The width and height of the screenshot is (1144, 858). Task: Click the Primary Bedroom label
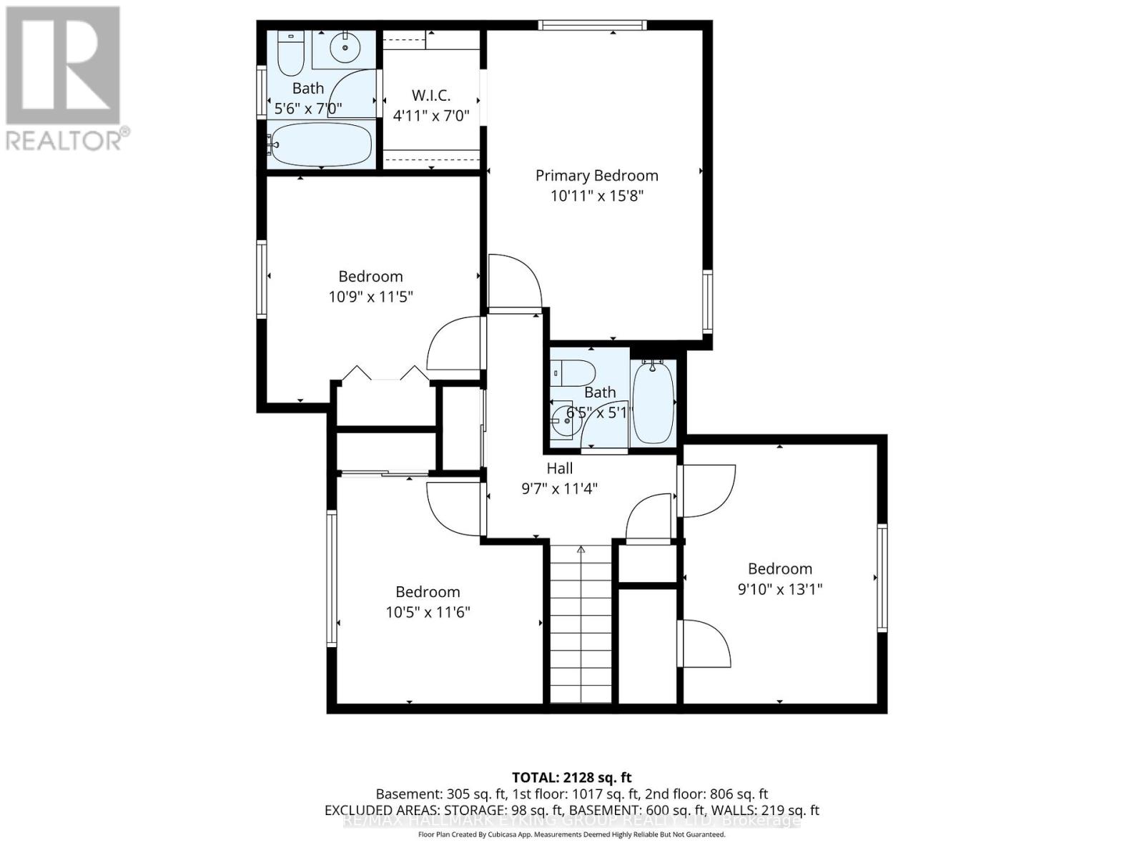click(x=596, y=176)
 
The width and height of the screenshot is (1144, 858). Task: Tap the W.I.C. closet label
click(x=431, y=96)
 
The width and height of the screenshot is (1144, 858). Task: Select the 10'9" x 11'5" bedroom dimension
click(x=370, y=297)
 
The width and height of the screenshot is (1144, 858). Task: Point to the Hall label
click(x=560, y=469)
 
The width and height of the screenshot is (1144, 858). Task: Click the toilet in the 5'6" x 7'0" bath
click(x=290, y=54)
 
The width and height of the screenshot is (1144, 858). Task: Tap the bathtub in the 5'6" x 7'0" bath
click(x=321, y=144)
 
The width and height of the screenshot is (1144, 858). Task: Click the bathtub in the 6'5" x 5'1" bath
click(x=654, y=402)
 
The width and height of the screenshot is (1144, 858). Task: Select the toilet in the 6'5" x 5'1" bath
click(x=576, y=372)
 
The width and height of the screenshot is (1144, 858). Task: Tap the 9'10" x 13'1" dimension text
click(x=780, y=590)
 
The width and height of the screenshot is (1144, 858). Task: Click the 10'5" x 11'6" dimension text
click(x=428, y=613)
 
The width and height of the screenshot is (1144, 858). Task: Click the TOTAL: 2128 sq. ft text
click(x=571, y=778)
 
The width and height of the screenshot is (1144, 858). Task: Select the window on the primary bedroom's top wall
click(x=592, y=26)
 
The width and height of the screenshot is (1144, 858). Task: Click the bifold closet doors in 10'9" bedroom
click(x=385, y=375)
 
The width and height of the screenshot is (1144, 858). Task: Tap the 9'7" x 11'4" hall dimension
click(x=559, y=490)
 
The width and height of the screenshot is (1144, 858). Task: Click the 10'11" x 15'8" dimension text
click(x=597, y=196)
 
